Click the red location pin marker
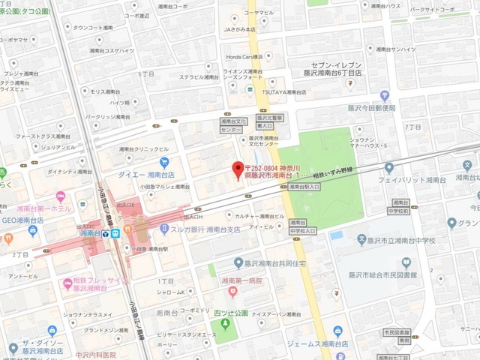238,169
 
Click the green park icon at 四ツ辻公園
223,325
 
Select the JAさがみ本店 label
241,29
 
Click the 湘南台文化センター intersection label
234,124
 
